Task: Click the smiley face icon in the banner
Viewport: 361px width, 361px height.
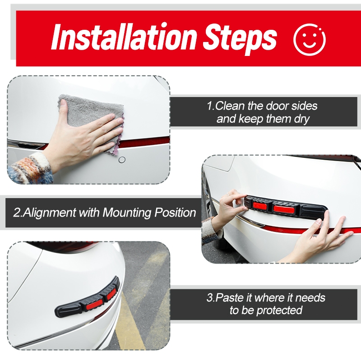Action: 310,39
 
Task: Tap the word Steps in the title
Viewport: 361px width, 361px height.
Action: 240,39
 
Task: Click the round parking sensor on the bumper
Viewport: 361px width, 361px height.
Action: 122,160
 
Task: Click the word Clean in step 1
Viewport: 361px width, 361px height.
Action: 230,106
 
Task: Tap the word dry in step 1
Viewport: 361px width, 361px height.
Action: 301,120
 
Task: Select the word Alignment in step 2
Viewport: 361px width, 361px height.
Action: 50,212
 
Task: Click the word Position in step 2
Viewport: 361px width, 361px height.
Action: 175,212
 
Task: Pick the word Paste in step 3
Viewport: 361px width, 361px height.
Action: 230,297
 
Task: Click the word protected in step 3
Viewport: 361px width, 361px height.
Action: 279,310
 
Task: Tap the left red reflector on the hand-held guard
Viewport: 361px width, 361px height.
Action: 260,206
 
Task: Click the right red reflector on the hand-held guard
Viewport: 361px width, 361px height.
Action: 284,209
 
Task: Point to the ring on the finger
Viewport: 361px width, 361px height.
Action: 228,194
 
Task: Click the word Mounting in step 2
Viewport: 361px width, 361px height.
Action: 127,213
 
